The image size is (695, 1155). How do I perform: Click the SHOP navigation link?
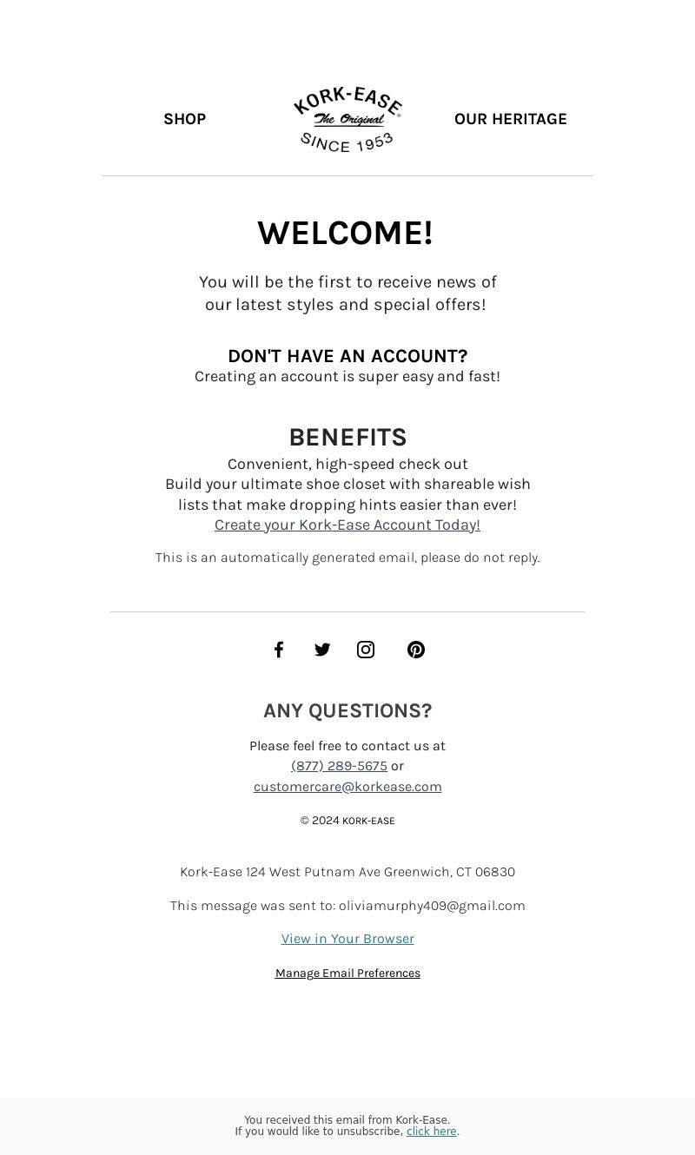[184, 119]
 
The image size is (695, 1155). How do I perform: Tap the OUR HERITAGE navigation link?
[510, 119]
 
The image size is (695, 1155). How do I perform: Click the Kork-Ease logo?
[347, 119]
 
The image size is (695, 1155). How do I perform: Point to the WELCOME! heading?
[345, 233]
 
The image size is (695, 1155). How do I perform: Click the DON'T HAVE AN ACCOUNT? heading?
[347, 356]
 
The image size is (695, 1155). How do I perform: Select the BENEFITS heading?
[347, 437]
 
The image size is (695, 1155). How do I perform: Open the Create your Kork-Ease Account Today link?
[347, 525]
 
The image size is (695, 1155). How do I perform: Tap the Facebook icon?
[279, 650]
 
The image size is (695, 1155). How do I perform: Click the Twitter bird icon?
[322, 650]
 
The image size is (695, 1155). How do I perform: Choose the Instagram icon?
[366, 650]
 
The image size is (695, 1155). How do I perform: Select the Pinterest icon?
[416, 650]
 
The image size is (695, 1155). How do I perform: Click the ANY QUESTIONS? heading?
[347, 710]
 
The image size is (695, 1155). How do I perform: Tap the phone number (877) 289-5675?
[339, 765]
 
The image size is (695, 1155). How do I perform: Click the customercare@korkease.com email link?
[347, 786]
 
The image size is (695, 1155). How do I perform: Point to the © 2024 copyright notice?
[347, 821]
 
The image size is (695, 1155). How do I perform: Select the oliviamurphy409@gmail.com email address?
[432, 906]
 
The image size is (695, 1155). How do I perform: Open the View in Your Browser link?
[347, 939]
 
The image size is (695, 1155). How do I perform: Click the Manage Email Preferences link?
[347, 973]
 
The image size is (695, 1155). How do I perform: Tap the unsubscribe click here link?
[431, 1132]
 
